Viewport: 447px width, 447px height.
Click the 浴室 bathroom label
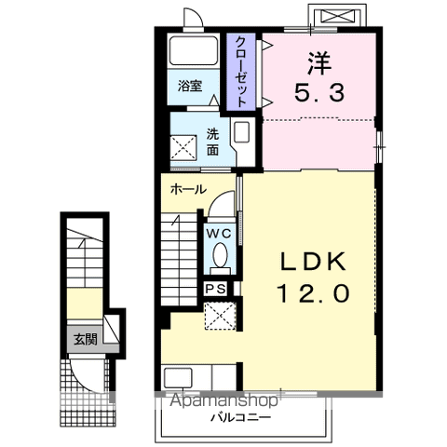[x=190, y=86]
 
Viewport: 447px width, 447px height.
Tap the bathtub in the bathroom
[x=193, y=51]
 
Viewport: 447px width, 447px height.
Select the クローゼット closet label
[x=241, y=72]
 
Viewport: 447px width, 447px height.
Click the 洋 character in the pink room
[x=319, y=63]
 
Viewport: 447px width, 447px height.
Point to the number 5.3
[x=319, y=93]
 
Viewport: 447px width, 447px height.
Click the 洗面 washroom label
[x=213, y=142]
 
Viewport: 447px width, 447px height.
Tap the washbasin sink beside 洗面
[x=241, y=132]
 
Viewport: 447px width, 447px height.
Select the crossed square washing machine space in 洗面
[x=183, y=148]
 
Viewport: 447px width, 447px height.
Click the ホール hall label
[x=189, y=189]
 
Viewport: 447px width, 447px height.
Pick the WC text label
[x=219, y=234]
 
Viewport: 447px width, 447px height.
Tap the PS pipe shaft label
[x=216, y=289]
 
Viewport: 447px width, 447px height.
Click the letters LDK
[x=313, y=262]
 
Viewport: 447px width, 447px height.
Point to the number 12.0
[x=313, y=293]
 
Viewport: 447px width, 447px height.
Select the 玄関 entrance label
[x=86, y=340]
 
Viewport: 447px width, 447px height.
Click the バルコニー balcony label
[x=241, y=417]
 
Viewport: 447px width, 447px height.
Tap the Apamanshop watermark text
[x=224, y=400]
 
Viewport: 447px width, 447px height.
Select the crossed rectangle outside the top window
[x=337, y=16]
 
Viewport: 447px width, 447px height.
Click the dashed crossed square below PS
[x=220, y=316]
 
